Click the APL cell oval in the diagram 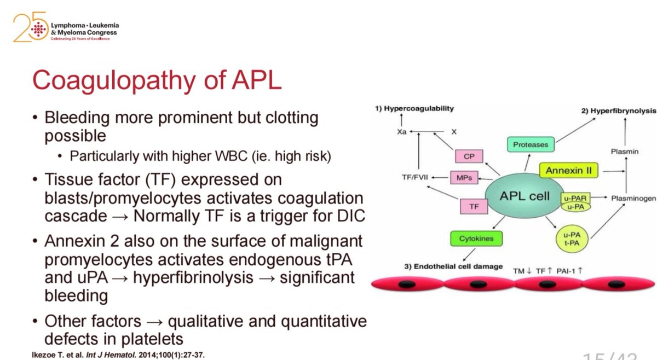click(x=524, y=196)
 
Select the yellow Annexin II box click(x=568, y=171)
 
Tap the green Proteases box click(x=530, y=145)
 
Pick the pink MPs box click(x=464, y=178)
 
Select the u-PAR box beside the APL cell click(x=575, y=195)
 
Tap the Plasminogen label click(x=633, y=198)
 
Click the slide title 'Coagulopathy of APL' click(x=157, y=81)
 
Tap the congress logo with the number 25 click(x=66, y=28)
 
